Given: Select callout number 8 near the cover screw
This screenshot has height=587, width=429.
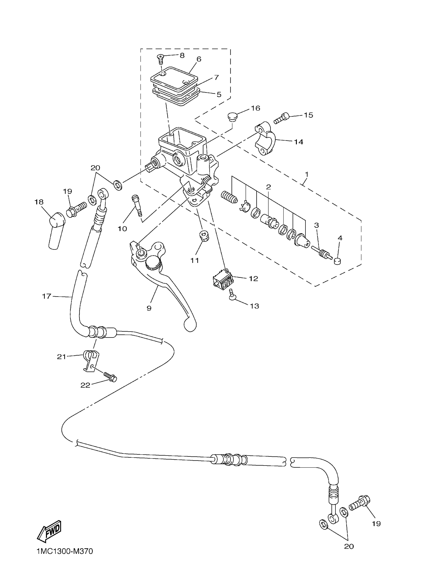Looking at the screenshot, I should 182,55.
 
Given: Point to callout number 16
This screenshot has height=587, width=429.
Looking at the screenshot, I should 256,108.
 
